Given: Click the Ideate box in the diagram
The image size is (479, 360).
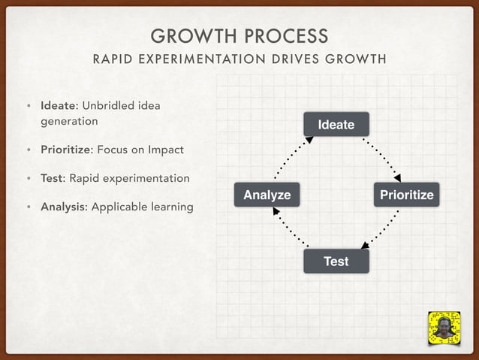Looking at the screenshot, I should (x=336, y=124).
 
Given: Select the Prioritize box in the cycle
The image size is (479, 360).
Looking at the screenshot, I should (x=406, y=195).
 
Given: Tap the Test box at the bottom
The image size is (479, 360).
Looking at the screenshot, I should (x=336, y=261).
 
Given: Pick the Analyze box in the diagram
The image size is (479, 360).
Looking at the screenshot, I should (x=267, y=195).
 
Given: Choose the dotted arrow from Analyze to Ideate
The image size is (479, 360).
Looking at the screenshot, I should (x=291, y=159).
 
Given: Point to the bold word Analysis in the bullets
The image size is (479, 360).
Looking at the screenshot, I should (x=63, y=207).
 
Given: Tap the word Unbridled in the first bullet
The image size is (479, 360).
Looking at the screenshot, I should (x=108, y=104).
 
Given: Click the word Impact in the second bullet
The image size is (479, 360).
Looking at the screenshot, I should (x=165, y=150).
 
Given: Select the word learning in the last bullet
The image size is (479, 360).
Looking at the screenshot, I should (x=169, y=207).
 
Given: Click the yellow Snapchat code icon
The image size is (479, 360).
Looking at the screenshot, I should (x=443, y=328).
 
